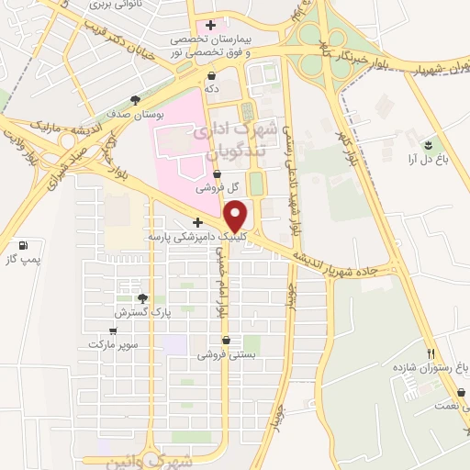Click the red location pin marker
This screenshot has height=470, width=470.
click(x=237, y=216)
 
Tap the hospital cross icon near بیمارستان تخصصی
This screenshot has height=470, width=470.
click(x=211, y=25)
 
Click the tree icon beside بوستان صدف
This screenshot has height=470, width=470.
click(x=136, y=100)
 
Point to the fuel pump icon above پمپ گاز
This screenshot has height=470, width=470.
click(x=23, y=246)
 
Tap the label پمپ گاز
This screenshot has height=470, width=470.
click(x=23, y=262)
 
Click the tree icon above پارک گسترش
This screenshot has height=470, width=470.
click(x=142, y=297)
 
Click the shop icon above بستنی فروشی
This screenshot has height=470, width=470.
click(x=226, y=340)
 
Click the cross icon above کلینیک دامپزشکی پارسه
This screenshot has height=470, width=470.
click(x=197, y=222)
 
